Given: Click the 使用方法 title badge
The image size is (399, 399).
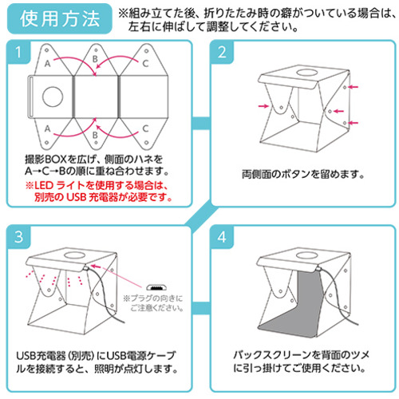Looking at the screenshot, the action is (60, 18).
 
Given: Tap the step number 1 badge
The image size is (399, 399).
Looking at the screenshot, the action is (18, 52).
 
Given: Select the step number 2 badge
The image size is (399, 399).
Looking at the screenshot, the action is (222, 52).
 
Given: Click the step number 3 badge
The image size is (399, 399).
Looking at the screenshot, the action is (18, 236).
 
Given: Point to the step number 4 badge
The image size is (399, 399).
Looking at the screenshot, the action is (222, 236).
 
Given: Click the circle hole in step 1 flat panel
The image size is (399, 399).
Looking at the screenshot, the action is (53, 96).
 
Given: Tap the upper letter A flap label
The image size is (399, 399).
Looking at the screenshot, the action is (47, 63).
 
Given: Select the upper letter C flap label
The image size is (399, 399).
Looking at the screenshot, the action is (145, 63).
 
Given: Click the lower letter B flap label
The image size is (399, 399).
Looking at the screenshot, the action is (95, 135).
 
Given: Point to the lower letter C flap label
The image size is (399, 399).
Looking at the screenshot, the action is (145, 128).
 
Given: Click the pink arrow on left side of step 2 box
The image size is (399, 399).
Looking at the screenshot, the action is (263, 106).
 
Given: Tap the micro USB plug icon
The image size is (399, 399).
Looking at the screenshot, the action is (156, 287).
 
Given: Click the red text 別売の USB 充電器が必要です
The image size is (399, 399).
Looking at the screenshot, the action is (103, 197).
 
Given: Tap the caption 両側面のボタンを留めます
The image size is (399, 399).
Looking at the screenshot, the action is (302, 175).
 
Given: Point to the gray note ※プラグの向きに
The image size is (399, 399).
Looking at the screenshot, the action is (153, 298).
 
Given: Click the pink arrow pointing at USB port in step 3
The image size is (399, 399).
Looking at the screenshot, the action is (96, 266).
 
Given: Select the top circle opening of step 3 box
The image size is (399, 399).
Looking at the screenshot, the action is (75, 255).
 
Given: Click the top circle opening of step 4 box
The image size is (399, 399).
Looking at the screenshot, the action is (306, 255).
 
